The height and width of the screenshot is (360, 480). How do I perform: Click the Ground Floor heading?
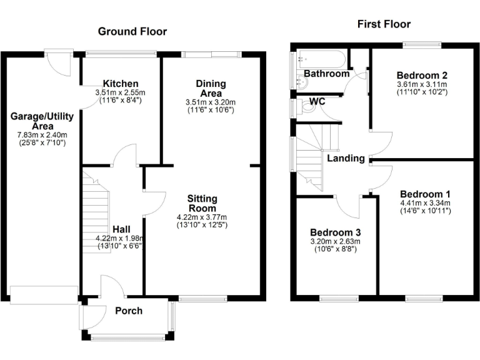coord(132,31)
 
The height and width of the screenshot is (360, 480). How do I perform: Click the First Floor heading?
coord(384,24)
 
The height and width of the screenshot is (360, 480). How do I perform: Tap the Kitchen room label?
coord(121,84)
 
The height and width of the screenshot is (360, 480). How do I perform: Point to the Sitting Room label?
coord(202,203)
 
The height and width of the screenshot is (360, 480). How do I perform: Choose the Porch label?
coord(129,311)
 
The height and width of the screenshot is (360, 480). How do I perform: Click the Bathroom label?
coord(326,74)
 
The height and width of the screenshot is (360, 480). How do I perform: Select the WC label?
coord(317,101)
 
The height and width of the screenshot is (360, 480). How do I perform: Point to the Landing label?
coord(346,158)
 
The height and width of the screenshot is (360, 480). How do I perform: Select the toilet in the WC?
coord(307,107)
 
